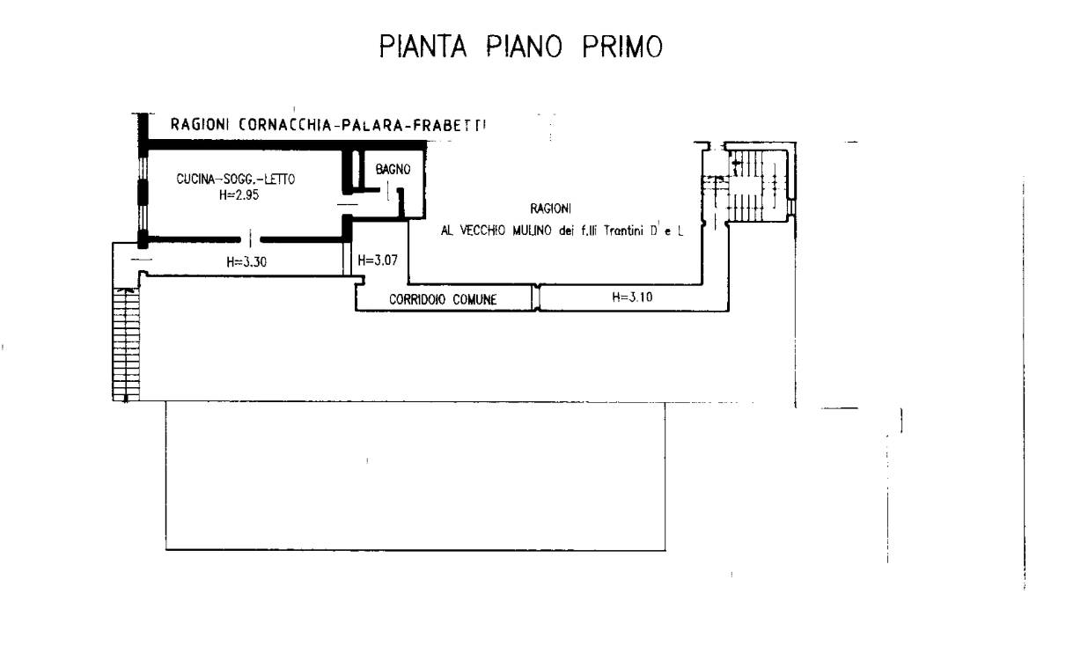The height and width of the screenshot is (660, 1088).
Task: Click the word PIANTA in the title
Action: [423, 47]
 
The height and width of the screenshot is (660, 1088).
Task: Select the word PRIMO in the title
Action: [622, 47]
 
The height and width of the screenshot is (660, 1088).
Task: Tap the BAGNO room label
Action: [393, 170]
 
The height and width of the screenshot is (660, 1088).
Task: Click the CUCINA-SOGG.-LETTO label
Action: [236, 180]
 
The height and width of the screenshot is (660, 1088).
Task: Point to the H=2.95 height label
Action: [239, 195]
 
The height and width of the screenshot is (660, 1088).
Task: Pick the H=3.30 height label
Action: [246, 262]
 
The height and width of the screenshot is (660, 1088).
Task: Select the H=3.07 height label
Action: [378, 260]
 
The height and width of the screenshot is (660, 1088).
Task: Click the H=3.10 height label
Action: [632, 297]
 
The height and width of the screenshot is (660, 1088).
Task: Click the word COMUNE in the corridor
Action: [474, 300]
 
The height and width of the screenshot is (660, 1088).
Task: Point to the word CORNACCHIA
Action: [285, 125]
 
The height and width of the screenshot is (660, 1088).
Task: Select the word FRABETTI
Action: [449, 125]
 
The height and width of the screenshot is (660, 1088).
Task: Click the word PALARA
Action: [372, 125]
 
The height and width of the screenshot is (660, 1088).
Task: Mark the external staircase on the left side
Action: [126, 344]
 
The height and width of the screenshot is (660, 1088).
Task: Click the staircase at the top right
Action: [759, 186]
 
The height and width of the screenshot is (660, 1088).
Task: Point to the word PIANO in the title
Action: [524, 47]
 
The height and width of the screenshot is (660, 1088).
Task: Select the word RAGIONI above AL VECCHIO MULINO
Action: [550, 209]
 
